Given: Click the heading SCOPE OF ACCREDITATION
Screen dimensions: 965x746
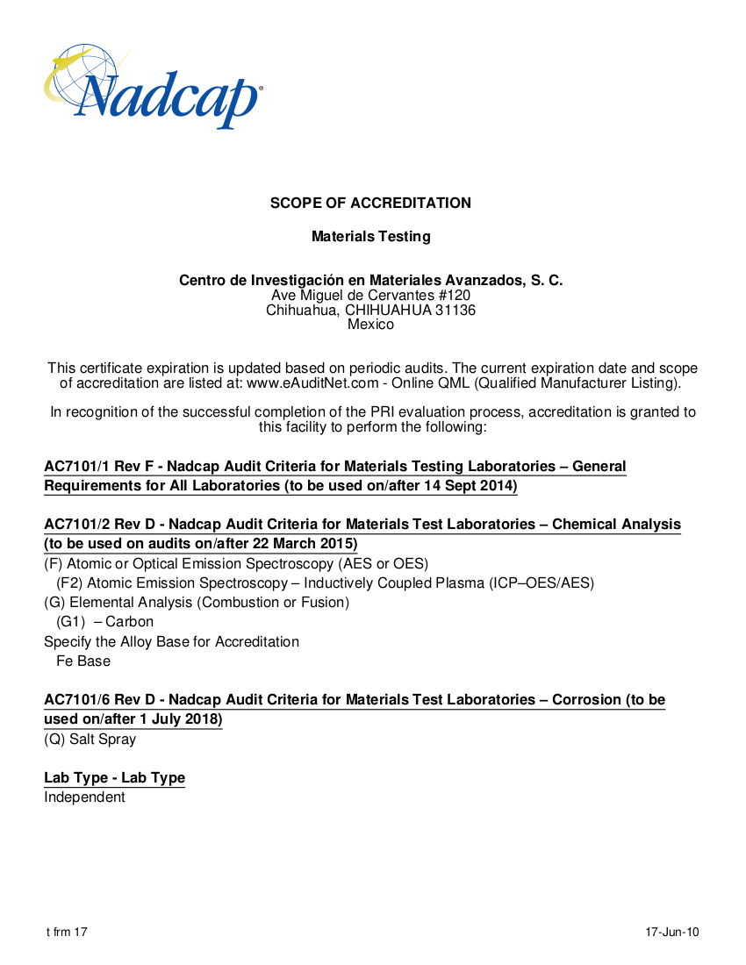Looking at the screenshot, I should (370, 204).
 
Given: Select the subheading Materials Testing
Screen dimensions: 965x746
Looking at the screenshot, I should (371, 237).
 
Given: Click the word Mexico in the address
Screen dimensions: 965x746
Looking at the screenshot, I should (370, 325).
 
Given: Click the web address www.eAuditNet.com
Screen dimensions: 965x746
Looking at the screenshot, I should (312, 383).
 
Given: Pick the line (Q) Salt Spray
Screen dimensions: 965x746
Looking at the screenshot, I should (90, 740).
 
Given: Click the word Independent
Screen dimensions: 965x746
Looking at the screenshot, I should (85, 797).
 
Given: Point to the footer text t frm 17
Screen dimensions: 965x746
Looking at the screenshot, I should (67, 932).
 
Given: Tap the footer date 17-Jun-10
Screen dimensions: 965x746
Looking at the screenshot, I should (672, 932).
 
